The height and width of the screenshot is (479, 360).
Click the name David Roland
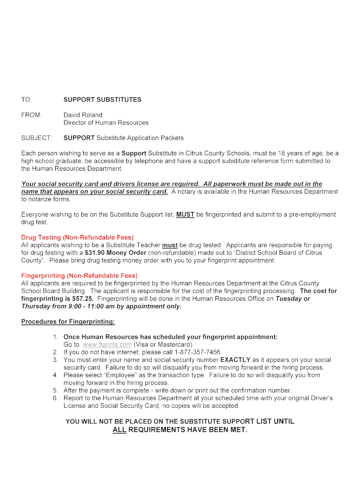pos(83,115)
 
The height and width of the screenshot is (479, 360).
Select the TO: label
pos(27,100)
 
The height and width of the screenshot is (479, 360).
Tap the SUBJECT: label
pos(36,138)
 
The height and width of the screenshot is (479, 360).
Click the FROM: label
pos(31,115)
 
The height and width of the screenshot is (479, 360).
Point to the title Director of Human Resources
pos(106,123)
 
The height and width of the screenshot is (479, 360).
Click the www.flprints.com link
pos(107,345)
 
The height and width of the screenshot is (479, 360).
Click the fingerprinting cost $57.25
pos(83,298)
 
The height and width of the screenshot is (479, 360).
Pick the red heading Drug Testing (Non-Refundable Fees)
pos(78,238)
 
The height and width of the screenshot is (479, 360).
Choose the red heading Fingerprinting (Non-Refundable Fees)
pos(79,276)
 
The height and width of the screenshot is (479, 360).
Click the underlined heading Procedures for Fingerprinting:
pos(68,322)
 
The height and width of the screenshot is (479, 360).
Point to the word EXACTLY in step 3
pos(236,360)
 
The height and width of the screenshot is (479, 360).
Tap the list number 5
pos(55,391)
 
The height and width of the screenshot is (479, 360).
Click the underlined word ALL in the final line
pos(120,430)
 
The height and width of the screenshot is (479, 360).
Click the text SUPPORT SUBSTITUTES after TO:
pos(102,100)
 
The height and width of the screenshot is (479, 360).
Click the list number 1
pos(55,337)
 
